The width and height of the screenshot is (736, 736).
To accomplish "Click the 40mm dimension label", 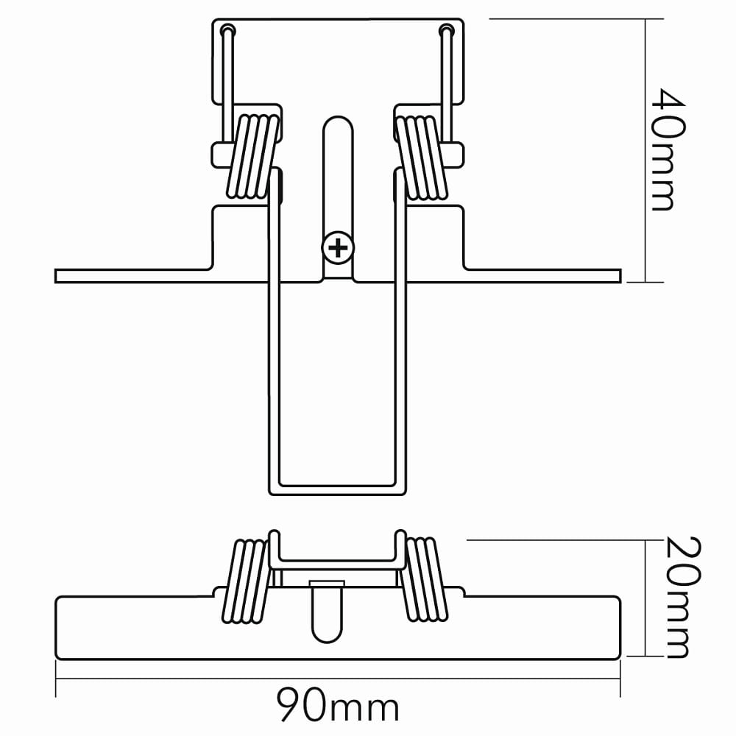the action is coord(668,149).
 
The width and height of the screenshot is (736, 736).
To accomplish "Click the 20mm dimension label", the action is coord(681,597).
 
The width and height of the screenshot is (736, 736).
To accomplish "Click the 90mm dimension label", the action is coord(337,704).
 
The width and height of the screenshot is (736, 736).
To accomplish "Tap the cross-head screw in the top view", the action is coord(338,248).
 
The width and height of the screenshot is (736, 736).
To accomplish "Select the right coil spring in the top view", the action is coord(421,158).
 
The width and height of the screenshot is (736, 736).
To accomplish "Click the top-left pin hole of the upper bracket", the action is coord(227,30).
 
